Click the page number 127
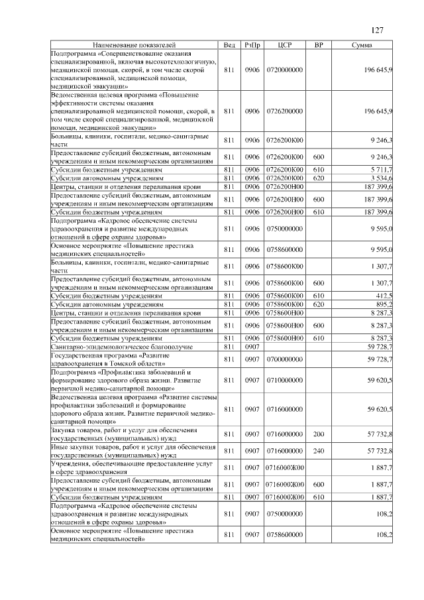(377, 30)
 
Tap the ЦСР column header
(285, 44)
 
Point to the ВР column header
(318, 44)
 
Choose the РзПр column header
(252, 44)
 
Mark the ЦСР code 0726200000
(285, 111)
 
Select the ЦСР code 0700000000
(285, 359)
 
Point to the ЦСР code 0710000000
(285, 380)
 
